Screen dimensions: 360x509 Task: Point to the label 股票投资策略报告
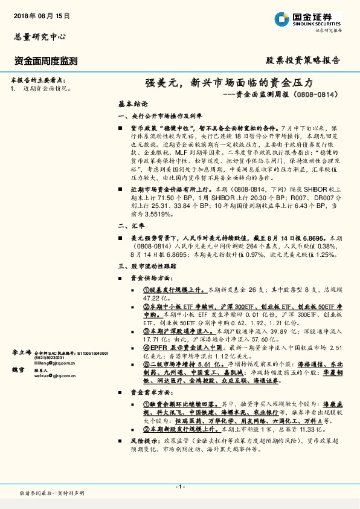303,60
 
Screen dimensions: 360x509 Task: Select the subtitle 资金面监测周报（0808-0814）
283,95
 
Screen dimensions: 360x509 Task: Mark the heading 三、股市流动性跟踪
148,266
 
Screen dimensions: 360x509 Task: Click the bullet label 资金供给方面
152,277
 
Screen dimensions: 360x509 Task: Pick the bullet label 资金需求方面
152,392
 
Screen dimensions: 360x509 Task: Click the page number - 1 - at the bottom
179,487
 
